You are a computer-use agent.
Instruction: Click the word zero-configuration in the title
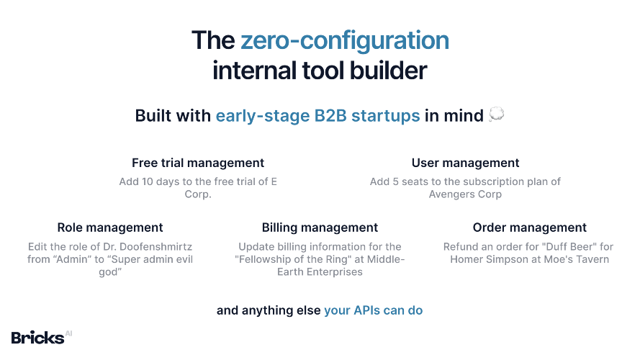pyautogui.click(x=345, y=41)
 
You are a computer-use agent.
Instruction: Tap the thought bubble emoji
pyautogui.click(x=496, y=114)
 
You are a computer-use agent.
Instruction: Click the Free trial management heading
pyautogui.click(x=198, y=163)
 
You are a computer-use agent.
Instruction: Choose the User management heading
pyautogui.click(x=465, y=163)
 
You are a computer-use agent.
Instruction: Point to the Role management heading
pyautogui.click(x=110, y=228)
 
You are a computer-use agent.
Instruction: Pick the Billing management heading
pyautogui.click(x=320, y=228)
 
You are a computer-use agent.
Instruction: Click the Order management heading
pyautogui.click(x=530, y=228)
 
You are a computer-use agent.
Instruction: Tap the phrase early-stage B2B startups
pyautogui.click(x=317, y=116)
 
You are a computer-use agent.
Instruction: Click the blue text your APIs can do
pyautogui.click(x=374, y=310)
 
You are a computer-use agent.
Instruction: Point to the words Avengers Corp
pyautogui.click(x=465, y=194)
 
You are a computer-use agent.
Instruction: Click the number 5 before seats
pyautogui.click(x=395, y=181)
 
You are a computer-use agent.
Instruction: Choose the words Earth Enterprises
pyautogui.click(x=320, y=272)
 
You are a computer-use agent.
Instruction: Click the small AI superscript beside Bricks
pyautogui.click(x=68, y=333)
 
